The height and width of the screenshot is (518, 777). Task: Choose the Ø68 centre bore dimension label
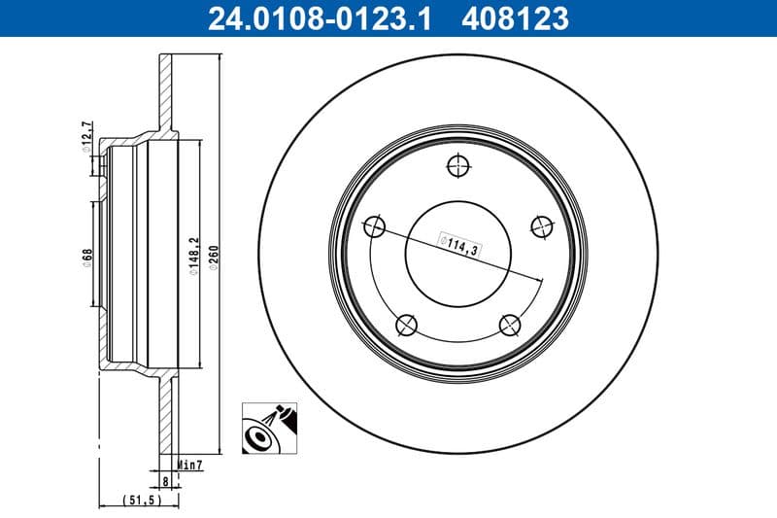pos(87,259)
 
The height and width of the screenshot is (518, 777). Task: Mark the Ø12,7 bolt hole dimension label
pos(86,136)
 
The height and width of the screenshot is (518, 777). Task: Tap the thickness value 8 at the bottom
pos(166,479)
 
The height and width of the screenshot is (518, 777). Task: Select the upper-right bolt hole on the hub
pos(540,225)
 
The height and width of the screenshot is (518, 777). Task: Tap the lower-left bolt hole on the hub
pos(407,325)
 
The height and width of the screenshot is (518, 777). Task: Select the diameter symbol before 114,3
pos(444,237)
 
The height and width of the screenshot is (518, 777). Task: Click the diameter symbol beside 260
pos(214,272)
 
